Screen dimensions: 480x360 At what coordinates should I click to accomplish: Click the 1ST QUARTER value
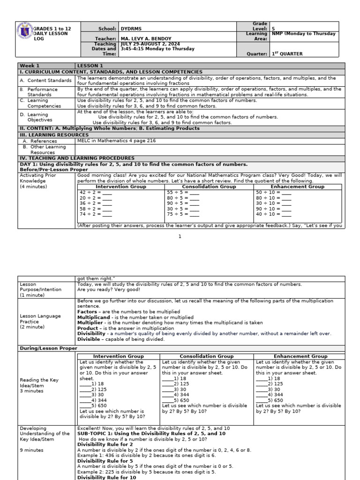point(287,54)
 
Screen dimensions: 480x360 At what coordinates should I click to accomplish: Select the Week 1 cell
point(30,66)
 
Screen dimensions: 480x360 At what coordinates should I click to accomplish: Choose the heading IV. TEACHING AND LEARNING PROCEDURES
point(77,158)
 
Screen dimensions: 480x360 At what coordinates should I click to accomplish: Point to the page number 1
point(180,237)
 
